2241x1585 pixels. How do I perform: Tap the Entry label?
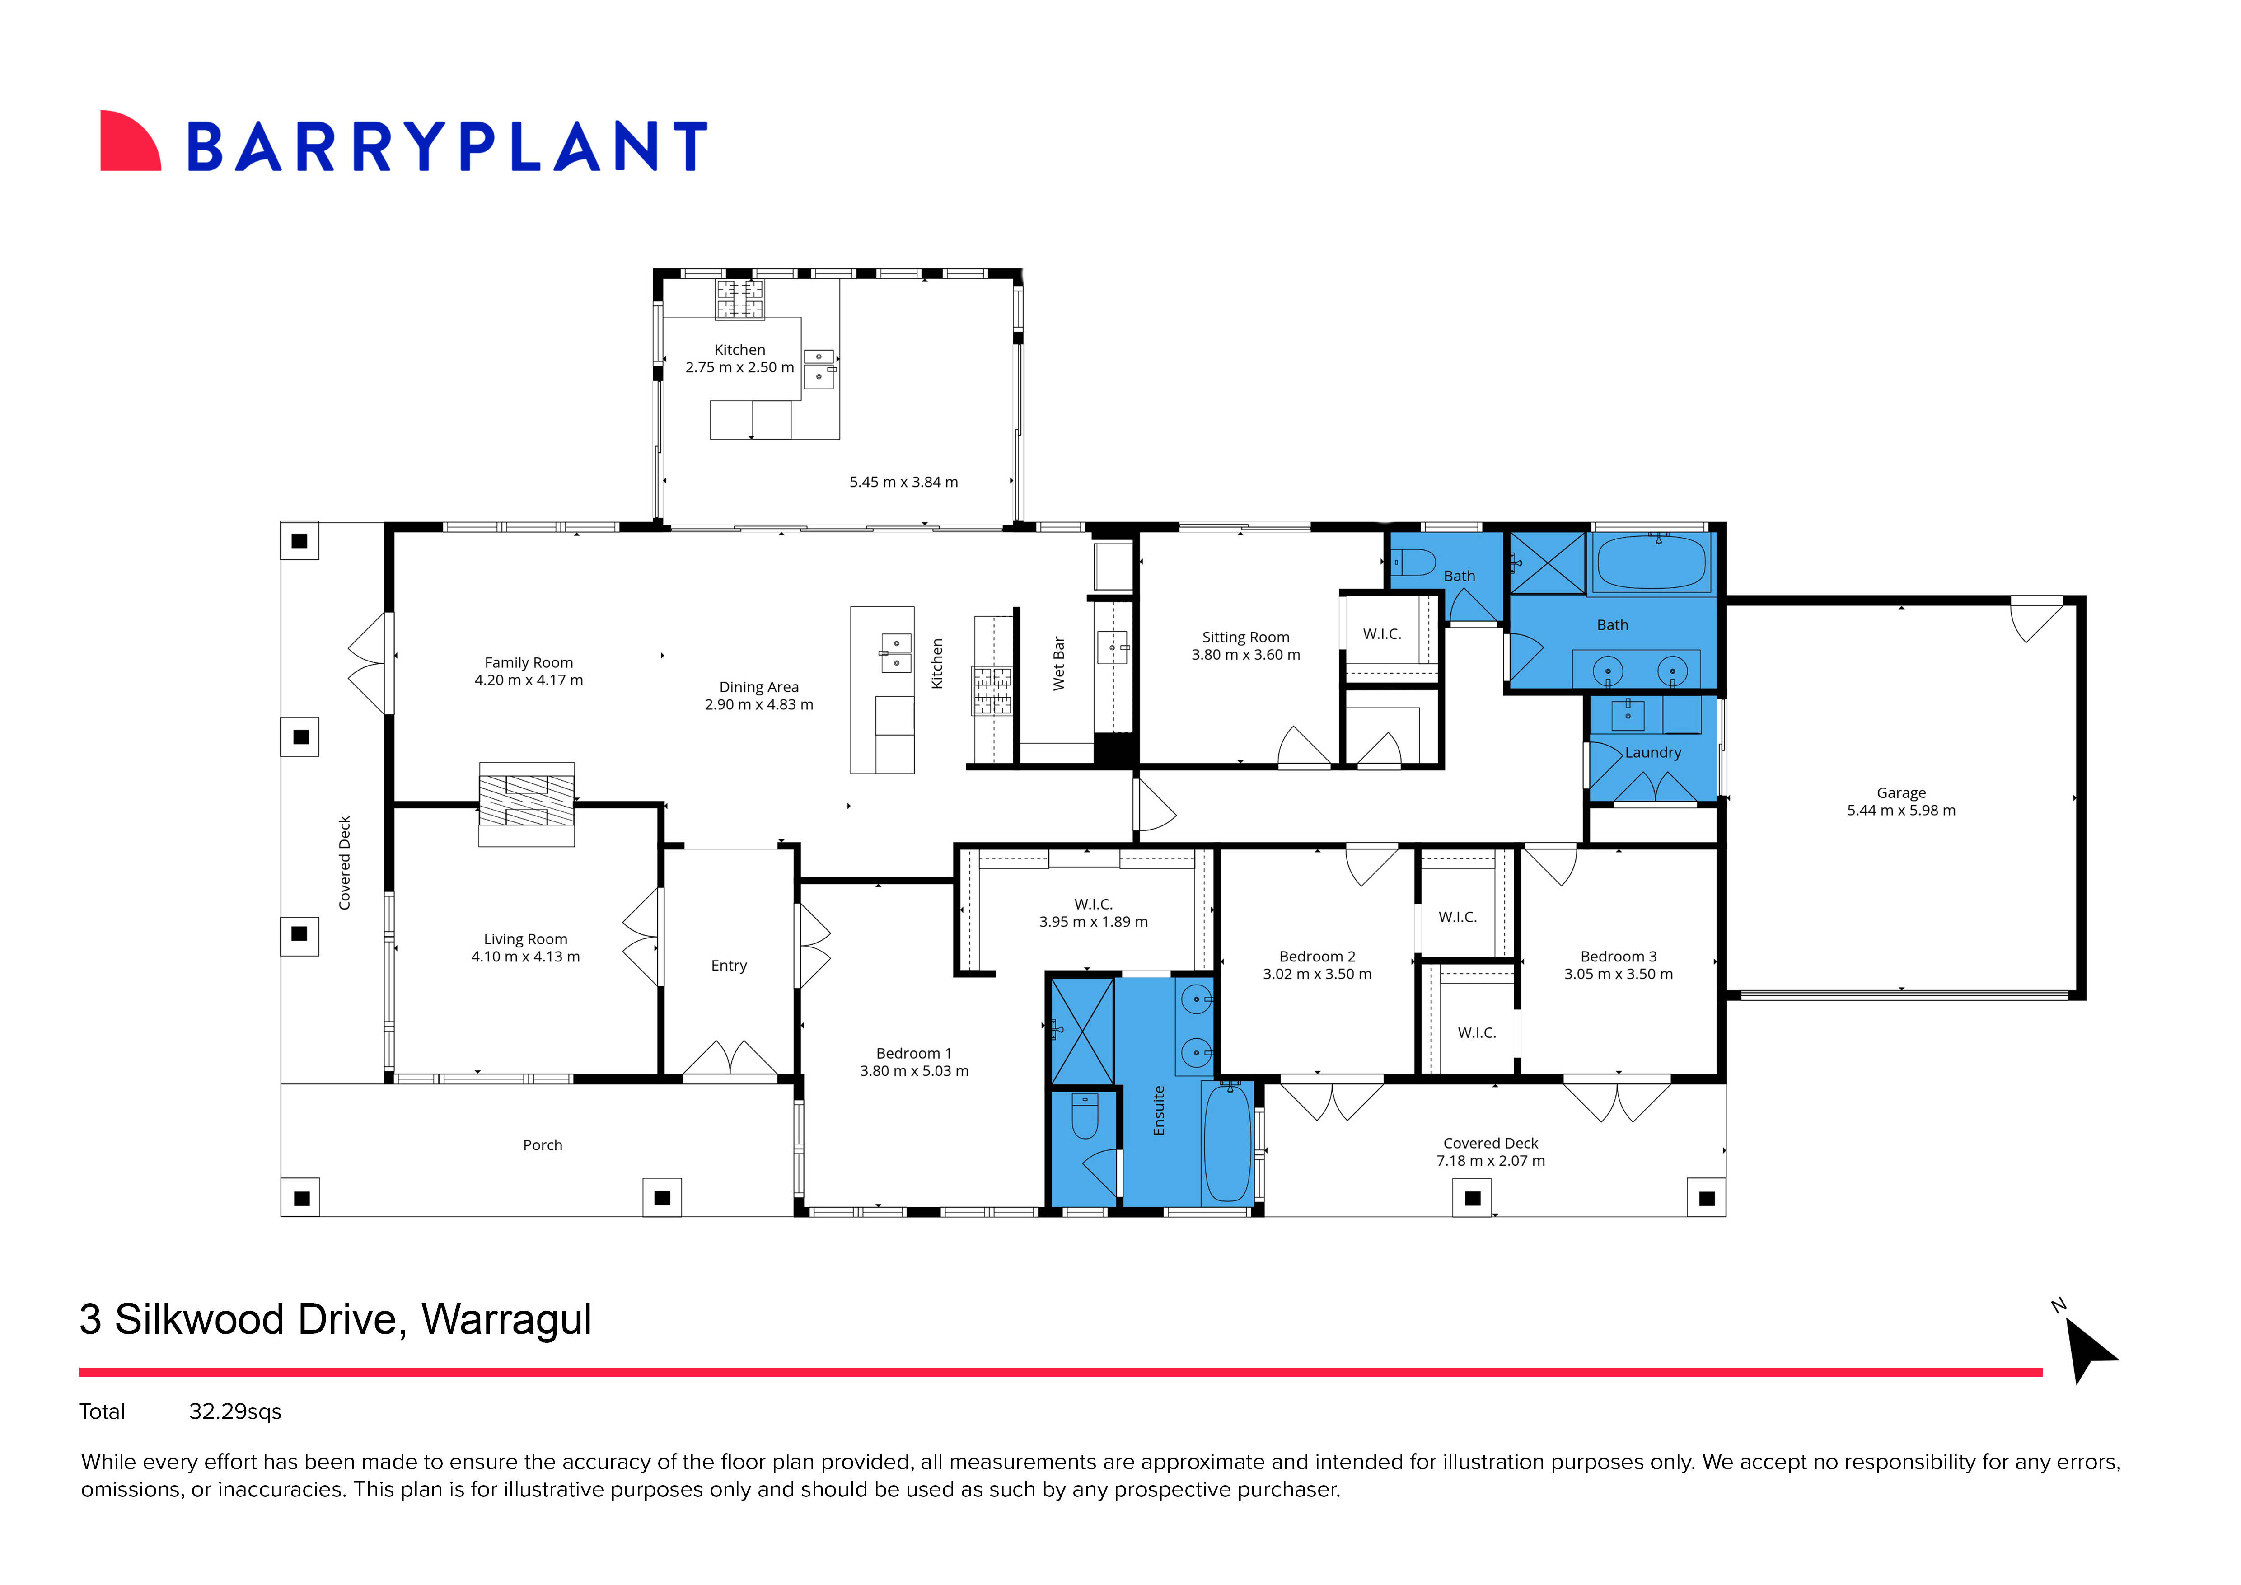(728, 965)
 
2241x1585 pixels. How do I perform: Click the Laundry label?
(1652, 752)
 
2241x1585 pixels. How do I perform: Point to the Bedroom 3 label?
(1618, 957)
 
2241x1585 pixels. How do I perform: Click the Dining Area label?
(758, 687)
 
